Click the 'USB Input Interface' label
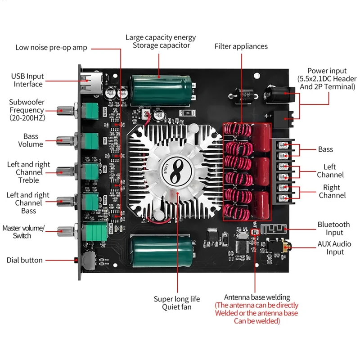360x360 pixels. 28,80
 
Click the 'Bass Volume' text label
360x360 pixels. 31,140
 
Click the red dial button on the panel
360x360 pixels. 76,260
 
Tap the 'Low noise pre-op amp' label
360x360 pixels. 51,47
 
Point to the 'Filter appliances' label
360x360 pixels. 241,46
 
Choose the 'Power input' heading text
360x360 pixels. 327,71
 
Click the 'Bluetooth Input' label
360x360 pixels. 333,228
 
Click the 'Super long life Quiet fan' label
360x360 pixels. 176,303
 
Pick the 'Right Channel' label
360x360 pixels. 332,191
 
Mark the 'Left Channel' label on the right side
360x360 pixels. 330,171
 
